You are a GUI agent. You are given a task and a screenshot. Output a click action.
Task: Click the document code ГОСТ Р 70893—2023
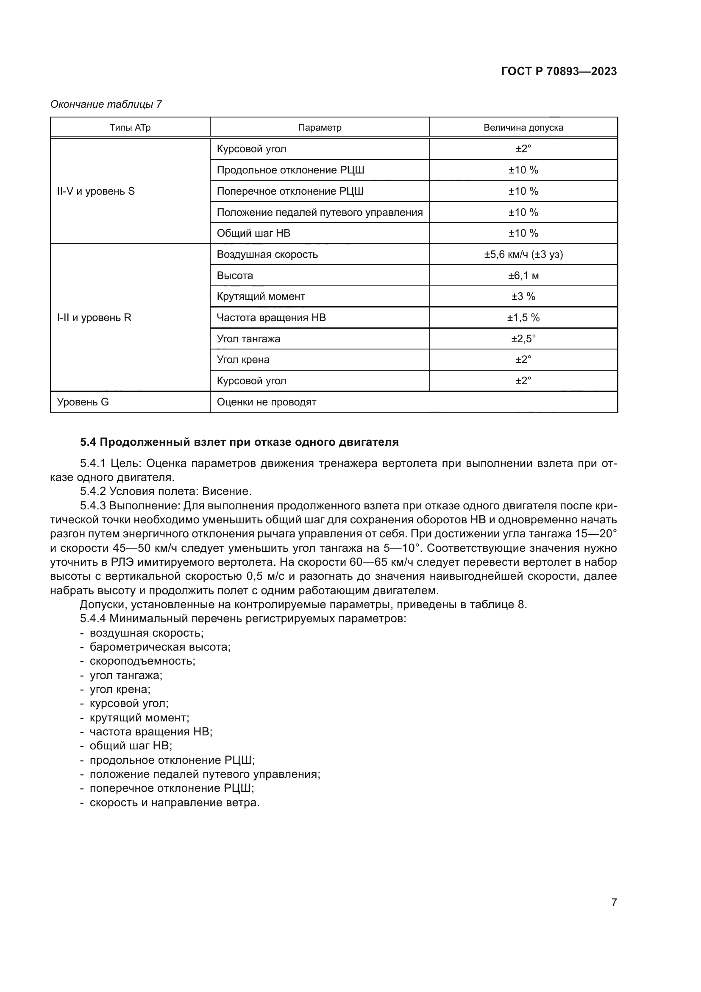559,71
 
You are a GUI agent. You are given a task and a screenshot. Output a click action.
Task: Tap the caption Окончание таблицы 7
106,104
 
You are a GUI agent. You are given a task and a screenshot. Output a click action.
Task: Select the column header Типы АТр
130,128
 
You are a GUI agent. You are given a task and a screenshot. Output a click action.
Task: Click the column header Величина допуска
523,128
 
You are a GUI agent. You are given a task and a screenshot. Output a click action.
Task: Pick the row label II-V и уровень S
96,191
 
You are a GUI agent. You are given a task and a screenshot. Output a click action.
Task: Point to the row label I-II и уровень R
94,318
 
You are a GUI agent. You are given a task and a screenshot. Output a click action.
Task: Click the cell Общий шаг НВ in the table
253,233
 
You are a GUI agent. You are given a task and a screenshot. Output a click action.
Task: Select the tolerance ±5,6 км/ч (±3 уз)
523,254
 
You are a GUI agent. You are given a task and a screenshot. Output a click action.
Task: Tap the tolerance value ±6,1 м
523,276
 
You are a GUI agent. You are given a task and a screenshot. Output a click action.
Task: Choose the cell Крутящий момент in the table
261,296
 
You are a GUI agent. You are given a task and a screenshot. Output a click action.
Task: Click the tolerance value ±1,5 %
523,318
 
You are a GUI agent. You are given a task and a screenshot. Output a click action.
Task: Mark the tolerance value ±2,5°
523,339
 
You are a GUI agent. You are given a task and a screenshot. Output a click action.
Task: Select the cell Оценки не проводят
266,402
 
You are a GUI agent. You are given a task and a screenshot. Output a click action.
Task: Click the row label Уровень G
83,402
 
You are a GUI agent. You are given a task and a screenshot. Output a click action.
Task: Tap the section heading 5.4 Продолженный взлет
239,442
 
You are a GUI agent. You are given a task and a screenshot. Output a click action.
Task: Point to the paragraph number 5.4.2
93,491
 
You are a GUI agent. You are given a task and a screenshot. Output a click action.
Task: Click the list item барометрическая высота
160,647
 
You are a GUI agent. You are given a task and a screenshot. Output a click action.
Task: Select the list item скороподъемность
142,661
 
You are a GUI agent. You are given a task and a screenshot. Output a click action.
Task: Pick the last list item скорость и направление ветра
174,803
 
